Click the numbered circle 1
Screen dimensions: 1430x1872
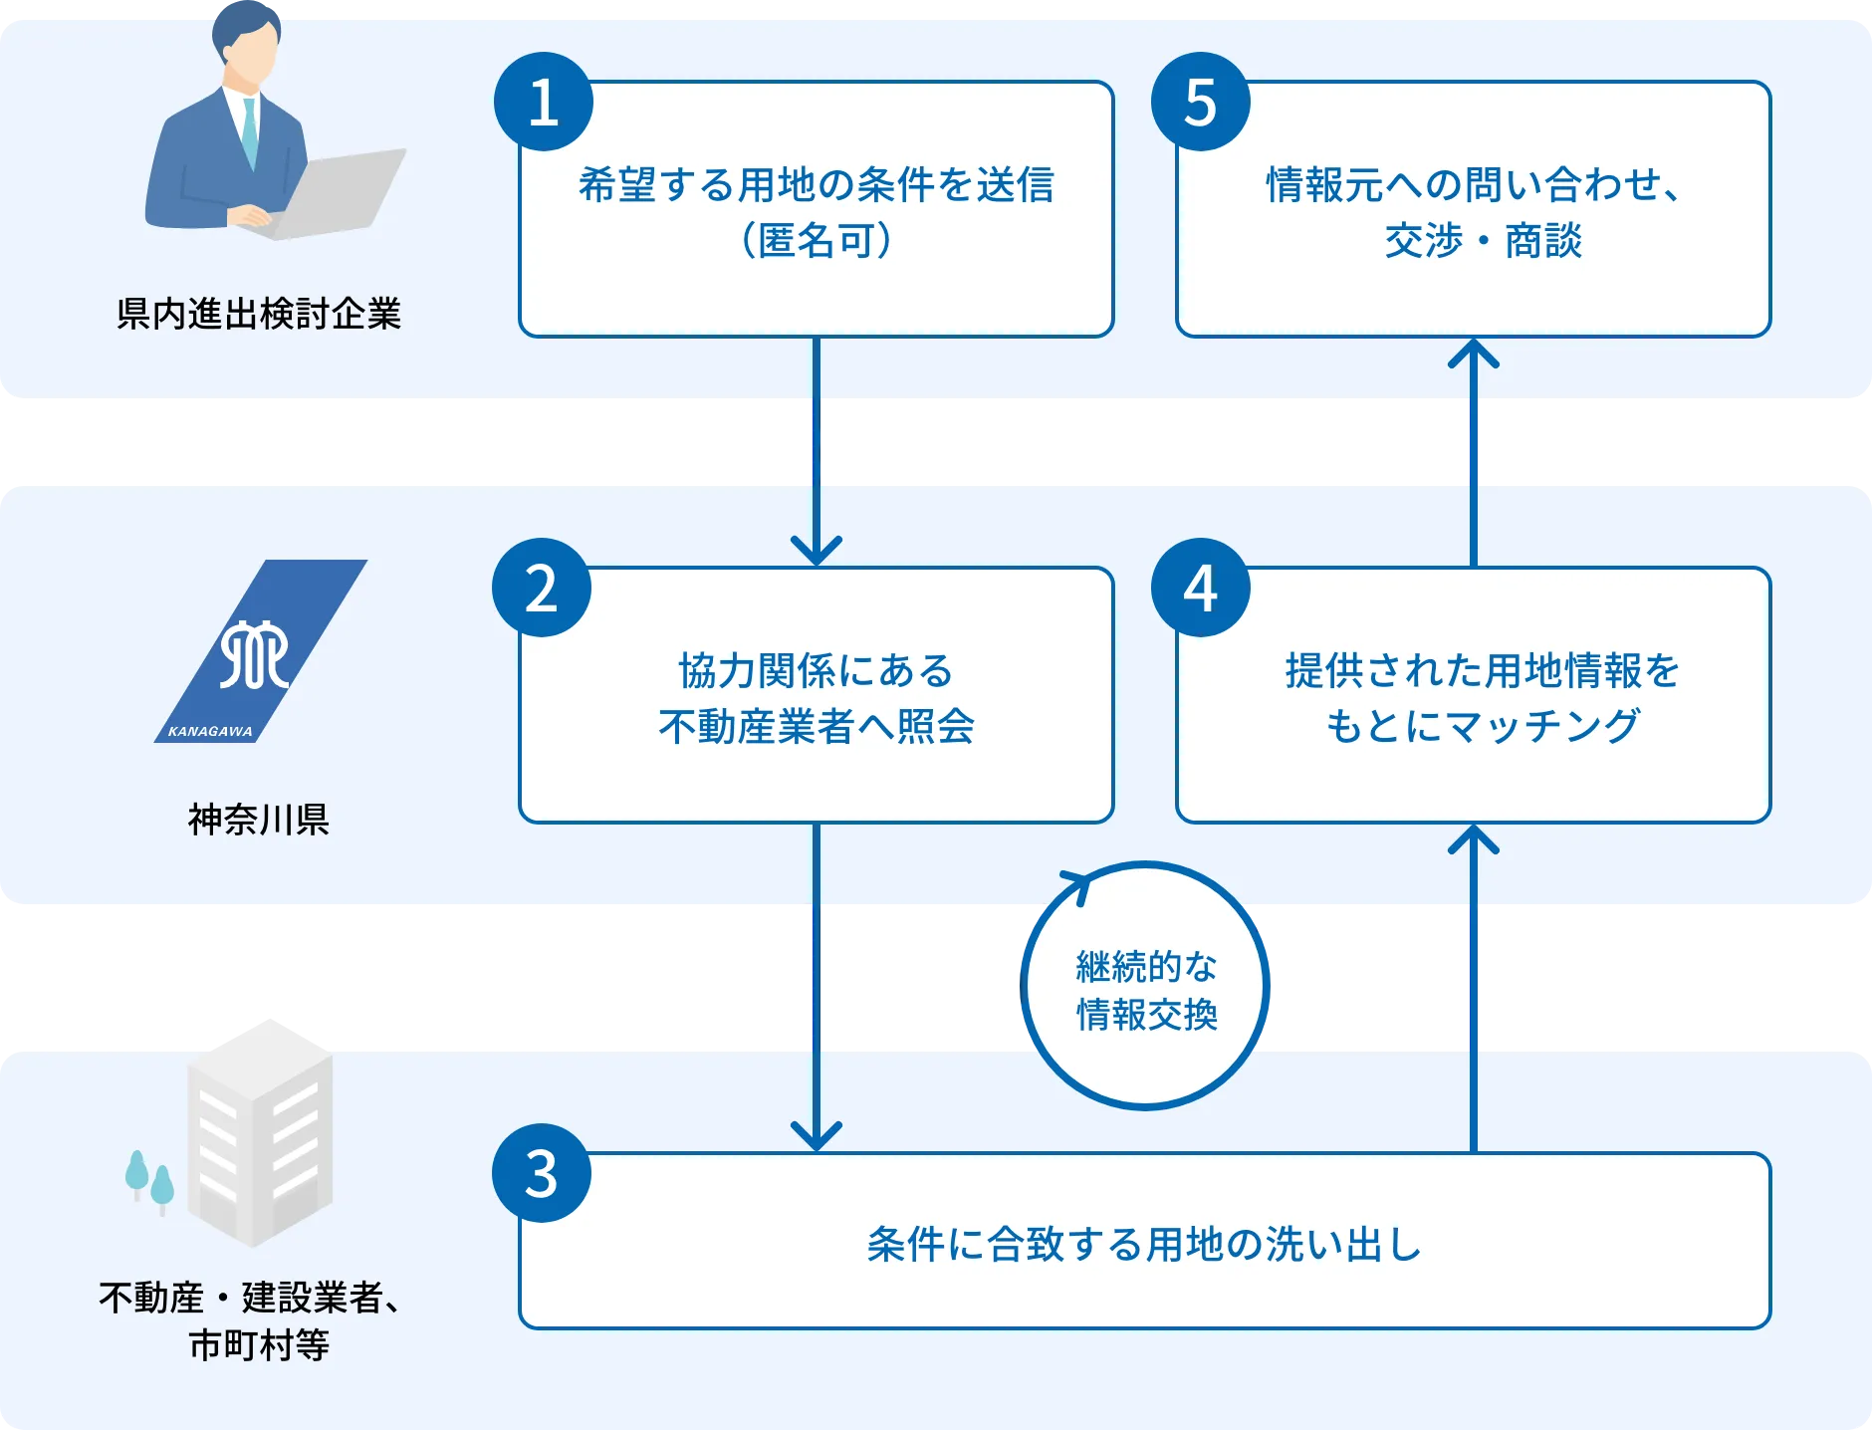544,103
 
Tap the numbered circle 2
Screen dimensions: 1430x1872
542,589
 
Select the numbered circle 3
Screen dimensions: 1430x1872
542,1174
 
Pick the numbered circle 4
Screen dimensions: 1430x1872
1200,589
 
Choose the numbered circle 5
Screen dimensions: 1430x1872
1200,103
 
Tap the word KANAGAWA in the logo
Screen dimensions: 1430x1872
210,731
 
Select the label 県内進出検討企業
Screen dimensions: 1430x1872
259,314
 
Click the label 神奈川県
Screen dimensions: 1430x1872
259,820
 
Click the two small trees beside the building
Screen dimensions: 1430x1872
149,1181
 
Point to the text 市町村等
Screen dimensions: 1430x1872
259,1346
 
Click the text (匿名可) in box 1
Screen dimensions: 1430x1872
816,240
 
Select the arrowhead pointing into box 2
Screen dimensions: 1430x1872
816,549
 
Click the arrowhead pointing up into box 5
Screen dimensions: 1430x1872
1473,355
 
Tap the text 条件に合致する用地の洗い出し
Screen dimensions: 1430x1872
1144,1245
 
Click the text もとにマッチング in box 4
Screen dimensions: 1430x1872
1482,726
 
